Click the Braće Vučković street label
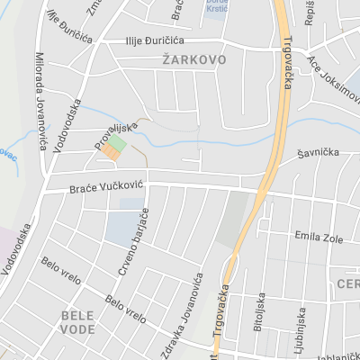(x=106, y=188)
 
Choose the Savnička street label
(x=319, y=153)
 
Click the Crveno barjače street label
(x=132, y=245)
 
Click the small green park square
(x=118, y=142)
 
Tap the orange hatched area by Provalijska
(x=110, y=154)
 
